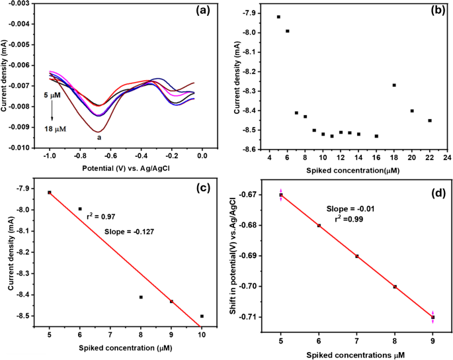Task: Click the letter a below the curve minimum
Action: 99,137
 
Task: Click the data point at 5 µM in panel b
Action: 278,17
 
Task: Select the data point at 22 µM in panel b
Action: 430,120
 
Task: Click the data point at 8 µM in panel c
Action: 141,297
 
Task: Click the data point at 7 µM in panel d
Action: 357,256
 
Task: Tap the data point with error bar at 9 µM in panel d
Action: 433,317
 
